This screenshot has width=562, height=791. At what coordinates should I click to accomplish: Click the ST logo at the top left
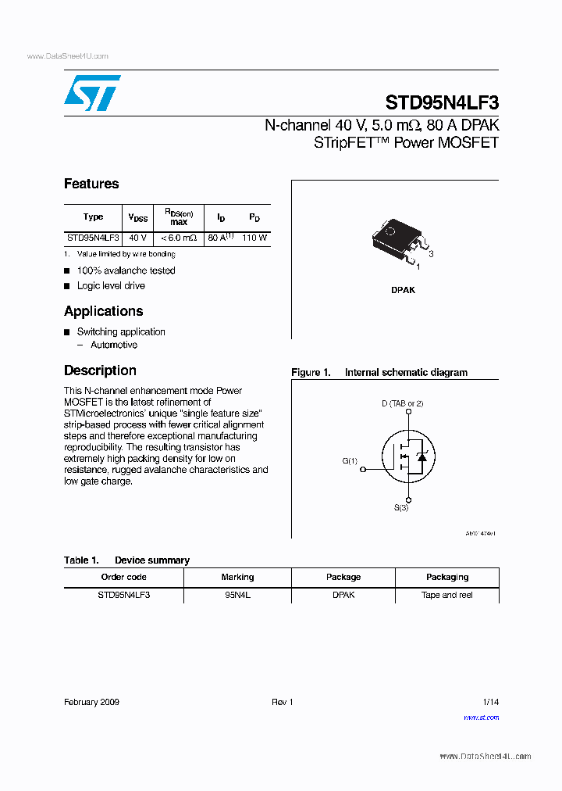click(92, 93)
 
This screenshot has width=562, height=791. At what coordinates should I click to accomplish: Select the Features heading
click(91, 184)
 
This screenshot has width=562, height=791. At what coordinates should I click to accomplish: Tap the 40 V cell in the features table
click(137, 238)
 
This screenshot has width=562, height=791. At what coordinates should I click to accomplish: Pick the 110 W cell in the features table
click(254, 238)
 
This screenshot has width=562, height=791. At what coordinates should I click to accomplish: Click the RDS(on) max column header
click(179, 217)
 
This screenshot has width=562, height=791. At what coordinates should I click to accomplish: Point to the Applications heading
click(103, 311)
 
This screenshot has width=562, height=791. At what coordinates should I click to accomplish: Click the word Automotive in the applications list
click(114, 345)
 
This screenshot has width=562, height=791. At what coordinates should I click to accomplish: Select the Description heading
click(100, 370)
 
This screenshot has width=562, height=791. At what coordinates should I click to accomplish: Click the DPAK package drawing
click(400, 239)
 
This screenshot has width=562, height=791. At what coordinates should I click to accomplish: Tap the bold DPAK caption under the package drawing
click(403, 290)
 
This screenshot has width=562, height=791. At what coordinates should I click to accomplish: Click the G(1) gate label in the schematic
click(350, 461)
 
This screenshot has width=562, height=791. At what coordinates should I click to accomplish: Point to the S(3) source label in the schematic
click(400, 508)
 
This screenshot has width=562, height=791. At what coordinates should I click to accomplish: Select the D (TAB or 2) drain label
click(402, 403)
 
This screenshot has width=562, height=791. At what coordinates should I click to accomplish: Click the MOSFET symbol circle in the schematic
click(407, 456)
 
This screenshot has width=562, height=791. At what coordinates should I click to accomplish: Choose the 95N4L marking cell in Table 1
click(237, 595)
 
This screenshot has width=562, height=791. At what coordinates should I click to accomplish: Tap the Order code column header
click(123, 577)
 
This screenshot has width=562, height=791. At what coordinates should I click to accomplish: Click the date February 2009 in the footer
click(91, 702)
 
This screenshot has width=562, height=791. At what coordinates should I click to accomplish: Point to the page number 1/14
click(490, 702)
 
